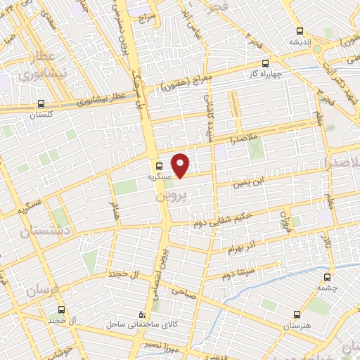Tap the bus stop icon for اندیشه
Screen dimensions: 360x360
point(300,31)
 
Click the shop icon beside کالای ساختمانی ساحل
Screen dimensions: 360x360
point(143,314)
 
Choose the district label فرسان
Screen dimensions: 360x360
point(41,289)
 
